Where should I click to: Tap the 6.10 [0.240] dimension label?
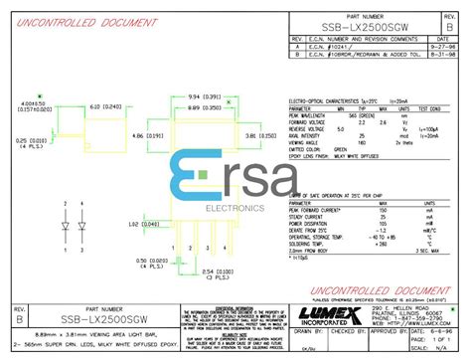pos(106,106)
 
